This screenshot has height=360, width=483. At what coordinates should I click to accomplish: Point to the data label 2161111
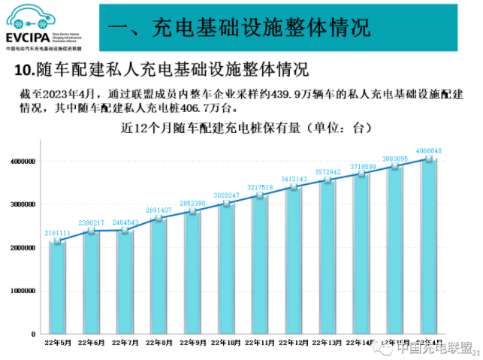click(58, 233)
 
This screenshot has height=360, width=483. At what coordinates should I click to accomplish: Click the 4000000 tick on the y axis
click(23, 162)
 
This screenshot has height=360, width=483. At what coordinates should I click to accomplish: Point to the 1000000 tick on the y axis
click(23, 291)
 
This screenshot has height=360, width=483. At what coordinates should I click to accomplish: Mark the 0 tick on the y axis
click(34, 334)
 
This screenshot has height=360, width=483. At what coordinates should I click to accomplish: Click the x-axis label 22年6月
click(92, 343)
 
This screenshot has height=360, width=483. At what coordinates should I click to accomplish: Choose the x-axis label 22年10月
click(227, 343)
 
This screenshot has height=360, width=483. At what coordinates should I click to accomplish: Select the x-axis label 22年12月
click(294, 343)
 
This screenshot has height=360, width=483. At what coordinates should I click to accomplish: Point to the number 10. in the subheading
click(24, 71)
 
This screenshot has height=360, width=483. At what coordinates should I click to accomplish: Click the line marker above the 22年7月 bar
click(125, 230)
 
